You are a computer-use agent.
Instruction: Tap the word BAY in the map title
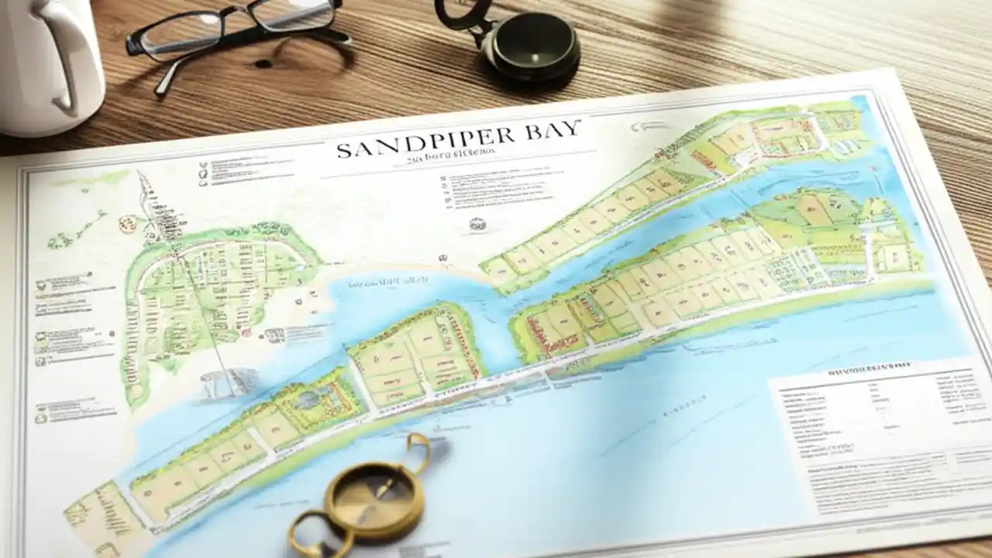551,130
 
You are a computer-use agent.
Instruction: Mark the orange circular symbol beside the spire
126,223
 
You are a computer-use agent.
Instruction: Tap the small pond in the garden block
308,400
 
